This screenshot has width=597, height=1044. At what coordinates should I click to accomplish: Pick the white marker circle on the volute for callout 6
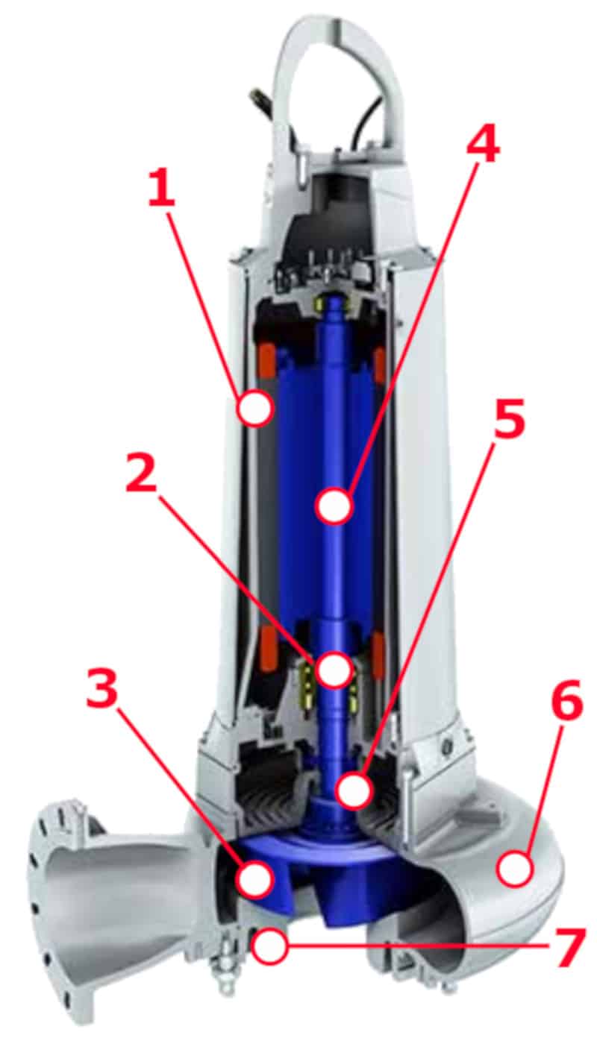513,869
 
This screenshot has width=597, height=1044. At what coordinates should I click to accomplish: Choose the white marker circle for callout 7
269,946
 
